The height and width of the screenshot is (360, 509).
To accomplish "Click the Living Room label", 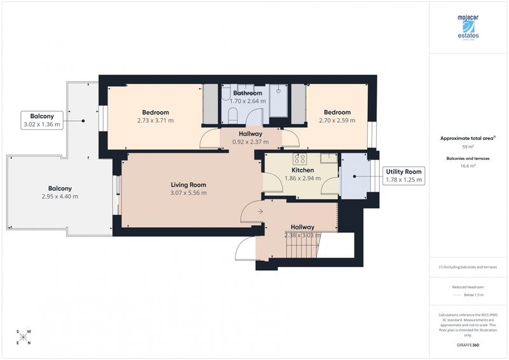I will [x=188, y=184].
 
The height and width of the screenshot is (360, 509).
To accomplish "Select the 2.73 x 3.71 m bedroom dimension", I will [x=155, y=120].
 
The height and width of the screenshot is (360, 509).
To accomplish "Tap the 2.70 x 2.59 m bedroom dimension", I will [x=335, y=120].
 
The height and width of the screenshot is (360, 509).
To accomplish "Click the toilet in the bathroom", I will [x=233, y=116].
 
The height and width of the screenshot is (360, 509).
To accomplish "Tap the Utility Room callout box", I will [x=404, y=176].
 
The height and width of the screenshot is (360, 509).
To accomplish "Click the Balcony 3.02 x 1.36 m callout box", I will [x=41, y=120].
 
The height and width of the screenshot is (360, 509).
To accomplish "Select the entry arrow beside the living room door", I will [x=260, y=212].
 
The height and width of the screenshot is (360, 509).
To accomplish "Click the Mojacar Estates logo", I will [x=468, y=27].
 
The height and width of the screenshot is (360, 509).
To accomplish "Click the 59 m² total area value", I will [x=468, y=146].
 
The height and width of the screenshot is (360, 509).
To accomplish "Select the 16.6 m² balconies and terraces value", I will [x=468, y=166].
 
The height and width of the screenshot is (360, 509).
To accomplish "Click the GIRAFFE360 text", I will [x=468, y=344].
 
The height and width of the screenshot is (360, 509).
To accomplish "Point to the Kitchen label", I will [x=303, y=170].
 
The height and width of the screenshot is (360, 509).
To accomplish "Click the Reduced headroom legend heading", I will [x=468, y=287].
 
